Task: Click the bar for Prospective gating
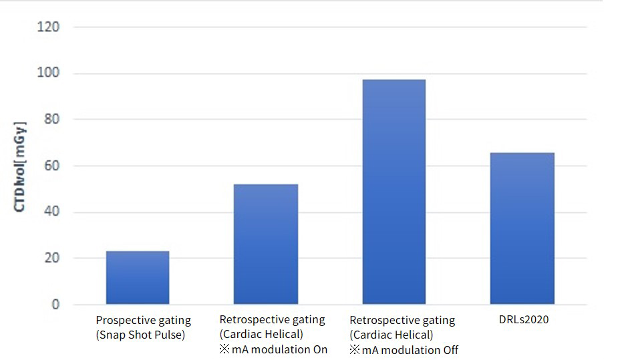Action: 137,278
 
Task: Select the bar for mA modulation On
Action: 265,244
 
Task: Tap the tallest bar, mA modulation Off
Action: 393,192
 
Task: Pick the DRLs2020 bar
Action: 522,228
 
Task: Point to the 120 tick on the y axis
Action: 49,27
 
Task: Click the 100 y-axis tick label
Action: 49,73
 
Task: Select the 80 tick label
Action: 52,120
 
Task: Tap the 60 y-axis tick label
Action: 52,166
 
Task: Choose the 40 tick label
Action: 52,212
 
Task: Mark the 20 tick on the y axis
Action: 52,258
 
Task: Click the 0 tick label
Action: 55,305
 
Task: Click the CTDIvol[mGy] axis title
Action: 20,167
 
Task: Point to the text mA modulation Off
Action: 410,350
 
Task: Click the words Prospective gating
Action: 143,321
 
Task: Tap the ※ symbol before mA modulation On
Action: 224,349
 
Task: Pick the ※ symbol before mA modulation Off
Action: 354,350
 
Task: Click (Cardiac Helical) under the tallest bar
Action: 391,335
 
